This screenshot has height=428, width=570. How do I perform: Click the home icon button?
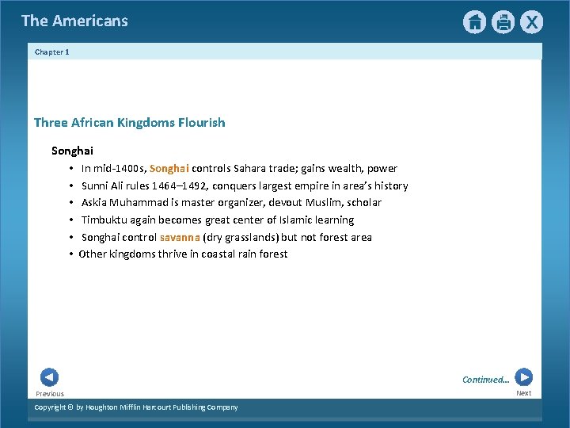(474, 22)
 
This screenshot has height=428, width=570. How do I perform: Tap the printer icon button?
(503, 22)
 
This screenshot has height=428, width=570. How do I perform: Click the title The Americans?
(74, 21)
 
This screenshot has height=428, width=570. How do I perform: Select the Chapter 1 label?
(52, 52)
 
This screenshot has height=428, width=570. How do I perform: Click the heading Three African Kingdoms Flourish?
(129, 123)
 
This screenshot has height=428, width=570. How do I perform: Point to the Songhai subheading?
(72, 151)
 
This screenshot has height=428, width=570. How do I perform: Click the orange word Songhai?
(169, 169)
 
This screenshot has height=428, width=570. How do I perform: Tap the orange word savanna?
(180, 238)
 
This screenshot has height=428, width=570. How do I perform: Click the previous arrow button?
(49, 377)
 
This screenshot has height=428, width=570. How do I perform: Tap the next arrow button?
(523, 377)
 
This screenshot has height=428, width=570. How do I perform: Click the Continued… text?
(486, 380)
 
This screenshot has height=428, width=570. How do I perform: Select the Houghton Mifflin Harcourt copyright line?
(136, 407)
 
